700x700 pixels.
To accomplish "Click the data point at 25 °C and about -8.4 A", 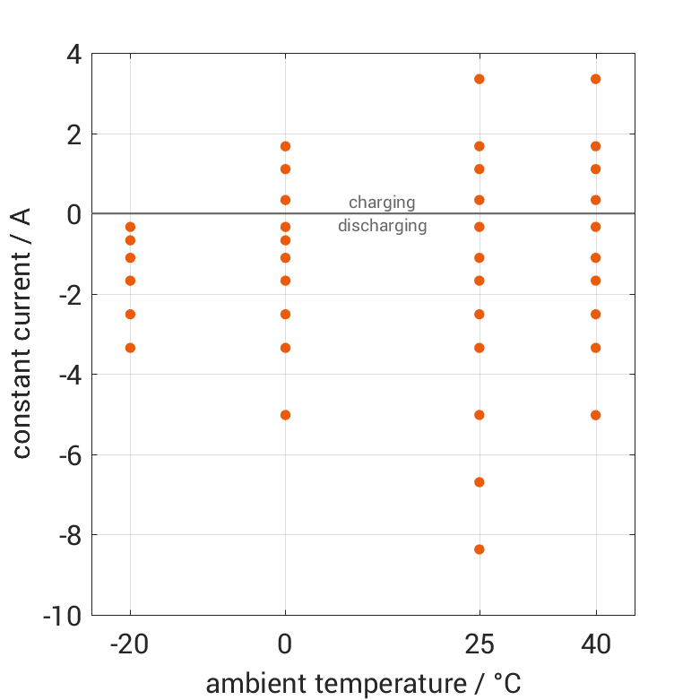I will pyautogui.click(x=480, y=549).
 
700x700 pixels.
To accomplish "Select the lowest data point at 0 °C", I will pyautogui.click(x=286, y=415).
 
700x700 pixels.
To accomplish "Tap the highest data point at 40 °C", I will pyautogui.click(x=596, y=79).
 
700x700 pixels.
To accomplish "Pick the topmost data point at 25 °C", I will pyautogui.click(x=480, y=79).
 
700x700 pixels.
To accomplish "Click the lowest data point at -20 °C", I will pyautogui.click(x=130, y=348).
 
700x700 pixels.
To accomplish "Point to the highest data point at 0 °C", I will pyautogui.click(x=286, y=146).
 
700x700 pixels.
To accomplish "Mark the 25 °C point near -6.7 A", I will pyautogui.click(x=480, y=482).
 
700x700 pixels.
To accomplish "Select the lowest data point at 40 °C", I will pyautogui.click(x=596, y=415).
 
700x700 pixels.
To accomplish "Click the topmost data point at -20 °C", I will pyautogui.click(x=130, y=227).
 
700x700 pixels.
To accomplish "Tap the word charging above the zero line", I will pyautogui.click(x=382, y=203).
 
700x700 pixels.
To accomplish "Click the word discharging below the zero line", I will pyautogui.click(x=382, y=226).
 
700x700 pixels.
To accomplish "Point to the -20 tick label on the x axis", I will pyautogui.click(x=130, y=644).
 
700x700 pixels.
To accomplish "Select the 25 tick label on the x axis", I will pyautogui.click(x=480, y=644).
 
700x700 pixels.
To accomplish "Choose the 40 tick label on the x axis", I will pyautogui.click(x=596, y=644).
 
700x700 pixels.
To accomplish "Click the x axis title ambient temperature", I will pyautogui.click(x=363, y=684).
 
